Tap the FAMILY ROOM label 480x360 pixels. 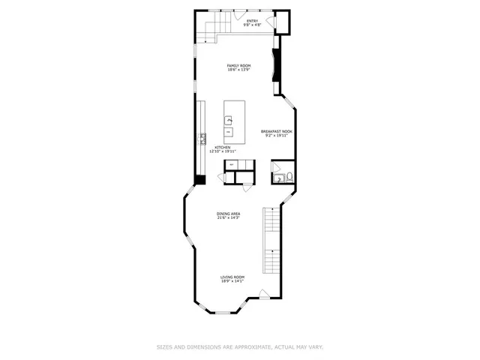pos(239,65)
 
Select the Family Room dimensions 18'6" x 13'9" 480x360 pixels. pos(239,70)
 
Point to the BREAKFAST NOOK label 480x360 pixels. pos(276,131)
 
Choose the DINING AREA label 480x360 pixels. pos(229,214)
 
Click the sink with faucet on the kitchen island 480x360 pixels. pos(229,120)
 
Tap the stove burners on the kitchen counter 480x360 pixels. pos(202,137)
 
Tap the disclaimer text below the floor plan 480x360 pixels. pos(239,346)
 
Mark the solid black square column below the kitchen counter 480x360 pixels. pos(200,179)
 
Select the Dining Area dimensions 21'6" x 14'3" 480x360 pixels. pos(229,218)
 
